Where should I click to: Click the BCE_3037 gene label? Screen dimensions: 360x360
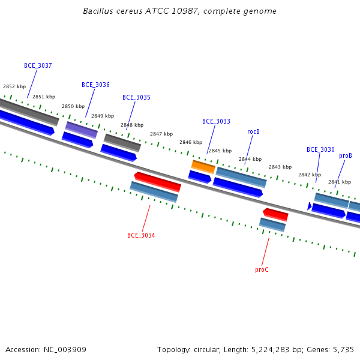[x=38, y=65]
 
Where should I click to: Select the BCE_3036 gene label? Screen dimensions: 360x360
[x=95, y=85]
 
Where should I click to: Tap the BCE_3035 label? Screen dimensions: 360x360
[x=136, y=98]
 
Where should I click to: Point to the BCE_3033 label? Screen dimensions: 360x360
[x=216, y=121]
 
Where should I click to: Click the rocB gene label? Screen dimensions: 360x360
[x=253, y=132]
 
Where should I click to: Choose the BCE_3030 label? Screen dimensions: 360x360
[x=320, y=149]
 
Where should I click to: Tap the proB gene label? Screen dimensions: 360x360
[x=346, y=156]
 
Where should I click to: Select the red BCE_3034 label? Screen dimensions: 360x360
[x=141, y=235]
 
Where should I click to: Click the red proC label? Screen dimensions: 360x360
[x=262, y=269]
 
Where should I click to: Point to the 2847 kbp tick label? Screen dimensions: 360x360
[x=161, y=134]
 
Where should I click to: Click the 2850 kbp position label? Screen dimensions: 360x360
[x=73, y=106]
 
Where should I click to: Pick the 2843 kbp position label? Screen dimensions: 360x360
[x=280, y=167]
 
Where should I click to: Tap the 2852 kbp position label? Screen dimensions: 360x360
[x=14, y=86]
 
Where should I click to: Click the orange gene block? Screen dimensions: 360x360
[x=203, y=167]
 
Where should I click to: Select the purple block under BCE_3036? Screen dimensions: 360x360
[x=82, y=130]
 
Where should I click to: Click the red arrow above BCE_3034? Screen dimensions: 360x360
[x=157, y=182]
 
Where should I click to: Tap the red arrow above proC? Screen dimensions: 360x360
[x=275, y=214]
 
